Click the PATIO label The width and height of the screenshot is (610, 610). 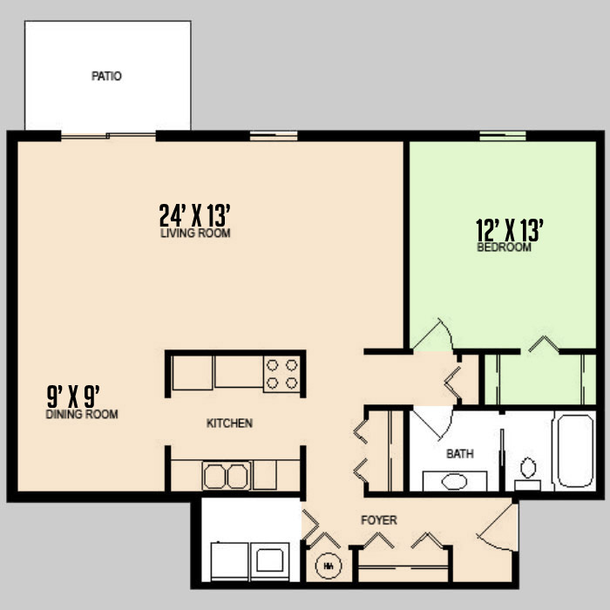(x=106, y=76)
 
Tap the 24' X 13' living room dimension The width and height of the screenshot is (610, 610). (x=195, y=215)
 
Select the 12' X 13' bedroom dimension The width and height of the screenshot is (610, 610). (x=509, y=230)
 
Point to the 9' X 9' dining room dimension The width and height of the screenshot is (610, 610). (x=73, y=396)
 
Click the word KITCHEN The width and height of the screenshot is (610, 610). (x=229, y=423)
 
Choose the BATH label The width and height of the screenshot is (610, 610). (x=459, y=454)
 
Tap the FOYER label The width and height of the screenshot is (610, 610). (x=378, y=520)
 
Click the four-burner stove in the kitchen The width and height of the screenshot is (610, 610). (x=282, y=374)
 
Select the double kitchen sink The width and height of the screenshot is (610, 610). (x=226, y=476)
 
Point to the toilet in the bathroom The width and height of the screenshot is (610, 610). (x=528, y=474)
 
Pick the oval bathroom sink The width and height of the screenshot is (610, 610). (x=454, y=482)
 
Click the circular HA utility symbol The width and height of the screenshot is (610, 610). (x=329, y=566)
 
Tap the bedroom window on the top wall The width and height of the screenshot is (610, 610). (x=503, y=136)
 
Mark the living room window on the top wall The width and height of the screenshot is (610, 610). (x=274, y=136)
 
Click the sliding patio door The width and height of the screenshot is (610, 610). (x=109, y=136)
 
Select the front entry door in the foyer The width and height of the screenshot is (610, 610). (x=498, y=527)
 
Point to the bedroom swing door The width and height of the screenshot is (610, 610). (x=433, y=335)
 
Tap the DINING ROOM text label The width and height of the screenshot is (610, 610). (x=82, y=414)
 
